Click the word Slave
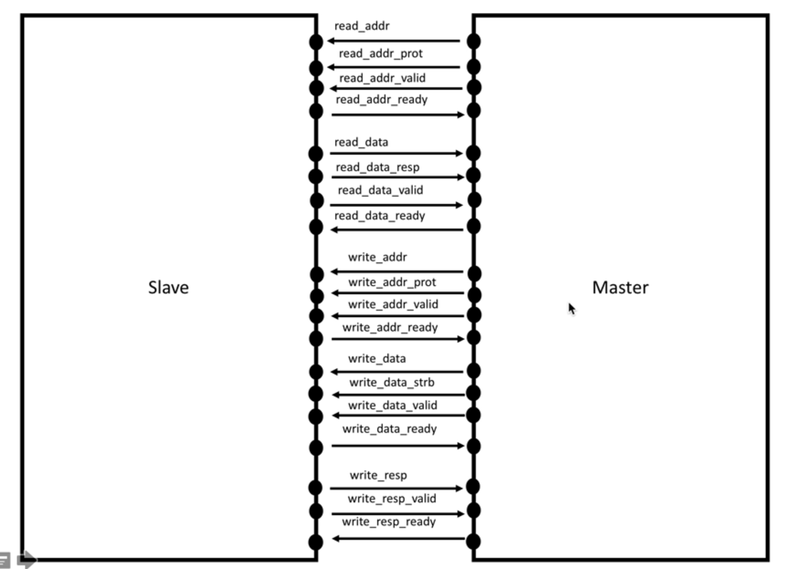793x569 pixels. pos(168,287)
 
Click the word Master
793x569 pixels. pos(620,287)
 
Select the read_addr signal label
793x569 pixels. pos(362,26)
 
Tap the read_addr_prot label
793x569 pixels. pos(381,54)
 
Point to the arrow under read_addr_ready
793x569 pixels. pos(398,115)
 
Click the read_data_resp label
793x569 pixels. pos(377,167)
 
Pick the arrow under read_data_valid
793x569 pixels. pos(396,205)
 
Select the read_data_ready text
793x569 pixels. pos(379,216)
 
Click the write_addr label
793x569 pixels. pos(377,257)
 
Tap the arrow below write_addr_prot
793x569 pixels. pos(398,293)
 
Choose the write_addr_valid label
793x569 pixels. pos(393,304)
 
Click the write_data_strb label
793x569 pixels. pos(392,382)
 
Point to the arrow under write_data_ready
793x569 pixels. pos(398,446)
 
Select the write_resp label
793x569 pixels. pos(378,475)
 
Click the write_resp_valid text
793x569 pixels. pos(392,498)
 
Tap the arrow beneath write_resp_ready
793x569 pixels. pos(399,539)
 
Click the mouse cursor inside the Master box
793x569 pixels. pos(572,309)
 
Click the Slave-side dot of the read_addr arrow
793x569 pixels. pos(316,42)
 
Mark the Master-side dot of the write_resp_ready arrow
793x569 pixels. pos(473,542)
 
